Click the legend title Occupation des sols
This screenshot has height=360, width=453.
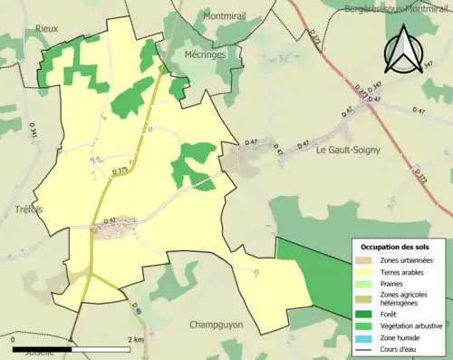click(x=396, y=247)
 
